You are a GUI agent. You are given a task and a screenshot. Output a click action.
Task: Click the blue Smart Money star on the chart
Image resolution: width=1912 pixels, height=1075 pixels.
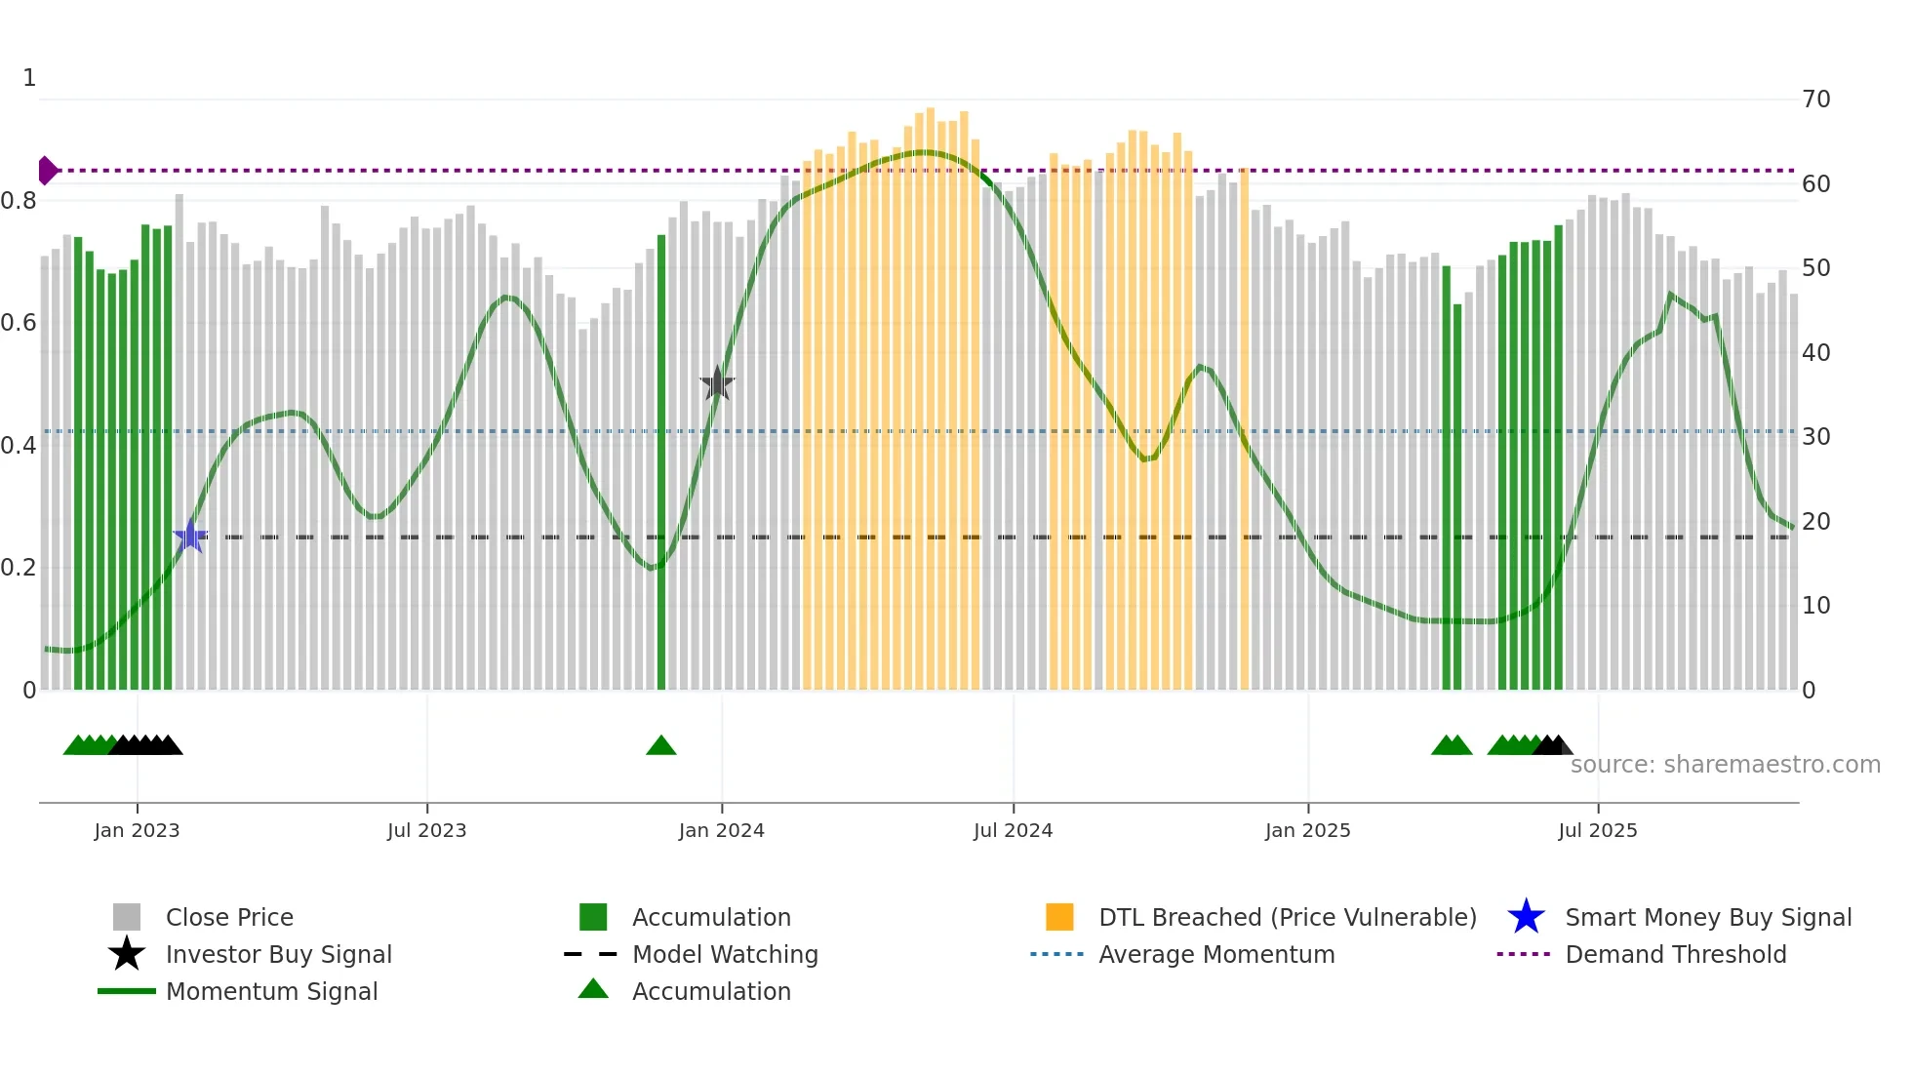click(x=190, y=536)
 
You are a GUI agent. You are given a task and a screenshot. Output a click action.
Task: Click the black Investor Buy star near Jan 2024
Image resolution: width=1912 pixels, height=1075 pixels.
click(x=717, y=384)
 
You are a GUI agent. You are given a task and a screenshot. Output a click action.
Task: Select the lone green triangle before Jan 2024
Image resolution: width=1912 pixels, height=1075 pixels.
click(x=661, y=746)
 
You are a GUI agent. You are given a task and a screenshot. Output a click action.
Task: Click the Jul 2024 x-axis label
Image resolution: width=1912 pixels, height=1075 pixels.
click(x=1013, y=830)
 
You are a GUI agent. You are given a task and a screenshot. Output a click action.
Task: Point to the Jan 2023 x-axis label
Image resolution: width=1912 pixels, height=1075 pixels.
click(x=137, y=830)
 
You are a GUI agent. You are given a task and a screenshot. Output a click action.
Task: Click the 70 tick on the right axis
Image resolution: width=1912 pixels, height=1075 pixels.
click(x=1815, y=100)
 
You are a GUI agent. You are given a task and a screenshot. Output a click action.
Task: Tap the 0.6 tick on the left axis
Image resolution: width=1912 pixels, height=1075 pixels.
click(x=19, y=323)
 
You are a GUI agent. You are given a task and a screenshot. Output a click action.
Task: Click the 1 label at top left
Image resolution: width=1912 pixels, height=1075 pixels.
click(x=29, y=78)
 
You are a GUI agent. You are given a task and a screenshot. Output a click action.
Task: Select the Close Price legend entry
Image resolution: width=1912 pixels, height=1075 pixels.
click(x=229, y=917)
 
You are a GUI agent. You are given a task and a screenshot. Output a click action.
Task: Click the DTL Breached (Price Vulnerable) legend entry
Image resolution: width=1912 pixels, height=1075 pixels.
click(x=1287, y=917)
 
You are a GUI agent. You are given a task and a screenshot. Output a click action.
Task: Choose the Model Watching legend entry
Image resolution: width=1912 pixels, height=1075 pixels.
click(x=725, y=954)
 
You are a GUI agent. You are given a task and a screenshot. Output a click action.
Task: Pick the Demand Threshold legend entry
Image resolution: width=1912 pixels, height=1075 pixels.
click(x=1675, y=954)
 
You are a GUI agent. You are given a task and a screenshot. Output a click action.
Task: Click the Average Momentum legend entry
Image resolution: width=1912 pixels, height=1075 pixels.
click(x=1215, y=954)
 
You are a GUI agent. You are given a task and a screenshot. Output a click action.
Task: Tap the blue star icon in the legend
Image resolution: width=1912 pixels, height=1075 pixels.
click(x=1526, y=917)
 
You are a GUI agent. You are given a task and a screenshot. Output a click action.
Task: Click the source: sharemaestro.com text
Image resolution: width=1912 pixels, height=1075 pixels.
click(x=1725, y=765)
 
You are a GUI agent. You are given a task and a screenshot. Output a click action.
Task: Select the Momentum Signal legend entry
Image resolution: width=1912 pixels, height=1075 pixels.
click(x=271, y=991)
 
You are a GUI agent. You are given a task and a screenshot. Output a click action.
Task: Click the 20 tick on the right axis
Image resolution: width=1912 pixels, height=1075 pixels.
click(x=1815, y=521)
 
